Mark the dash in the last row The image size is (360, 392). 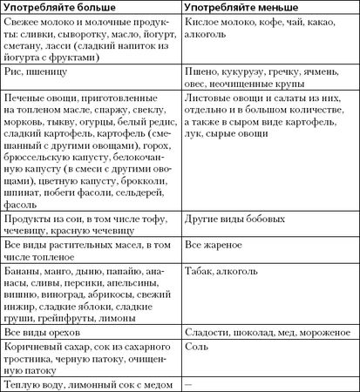(190, 384)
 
